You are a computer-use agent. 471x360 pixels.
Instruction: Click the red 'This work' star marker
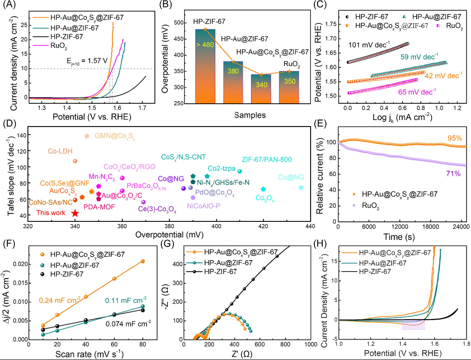75,213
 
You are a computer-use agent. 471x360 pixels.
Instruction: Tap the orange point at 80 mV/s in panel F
143,261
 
